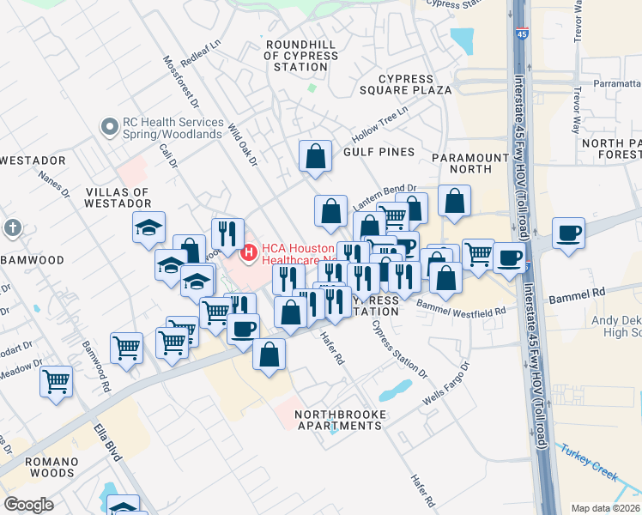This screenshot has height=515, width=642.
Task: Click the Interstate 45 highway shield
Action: pyautogui.click(x=523, y=33)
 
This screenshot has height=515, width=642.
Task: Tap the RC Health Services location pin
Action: pyautogui.click(x=109, y=128)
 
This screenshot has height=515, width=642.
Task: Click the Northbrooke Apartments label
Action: pyautogui.click(x=341, y=420)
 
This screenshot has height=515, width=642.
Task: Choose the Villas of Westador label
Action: pyautogui.click(x=118, y=198)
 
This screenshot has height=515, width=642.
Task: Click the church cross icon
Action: pyautogui.click(x=11, y=228)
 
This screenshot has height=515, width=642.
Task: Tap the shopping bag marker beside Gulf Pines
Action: pyautogui.click(x=315, y=156)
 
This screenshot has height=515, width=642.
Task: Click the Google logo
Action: pyautogui.click(x=28, y=505)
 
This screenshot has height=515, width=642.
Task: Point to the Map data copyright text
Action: pyautogui.click(x=605, y=508)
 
